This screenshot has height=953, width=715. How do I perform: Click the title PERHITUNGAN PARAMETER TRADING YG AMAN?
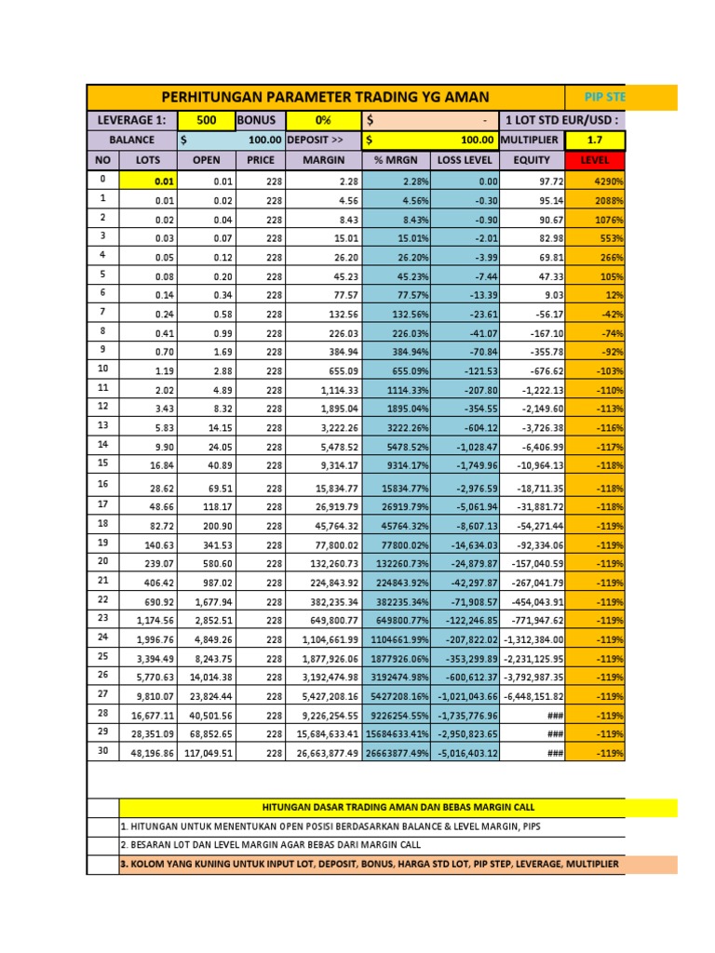(325, 97)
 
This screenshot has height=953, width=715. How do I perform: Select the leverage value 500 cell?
(207, 120)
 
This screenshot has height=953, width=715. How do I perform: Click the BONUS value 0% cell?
(323, 120)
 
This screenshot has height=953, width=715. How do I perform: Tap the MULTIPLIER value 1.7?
(594, 140)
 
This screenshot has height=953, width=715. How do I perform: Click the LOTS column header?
(148, 160)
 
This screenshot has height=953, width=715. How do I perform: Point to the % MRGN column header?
(397, 160)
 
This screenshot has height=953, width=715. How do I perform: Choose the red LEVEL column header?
(594, 160)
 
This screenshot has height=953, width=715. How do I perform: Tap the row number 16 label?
(102, 484)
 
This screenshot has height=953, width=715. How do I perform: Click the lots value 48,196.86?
(149, 753)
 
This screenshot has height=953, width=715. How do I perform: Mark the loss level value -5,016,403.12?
(467, 753)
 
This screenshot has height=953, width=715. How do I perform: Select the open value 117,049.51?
(208, 753)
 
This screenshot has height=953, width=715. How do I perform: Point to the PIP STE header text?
(605, 97)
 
